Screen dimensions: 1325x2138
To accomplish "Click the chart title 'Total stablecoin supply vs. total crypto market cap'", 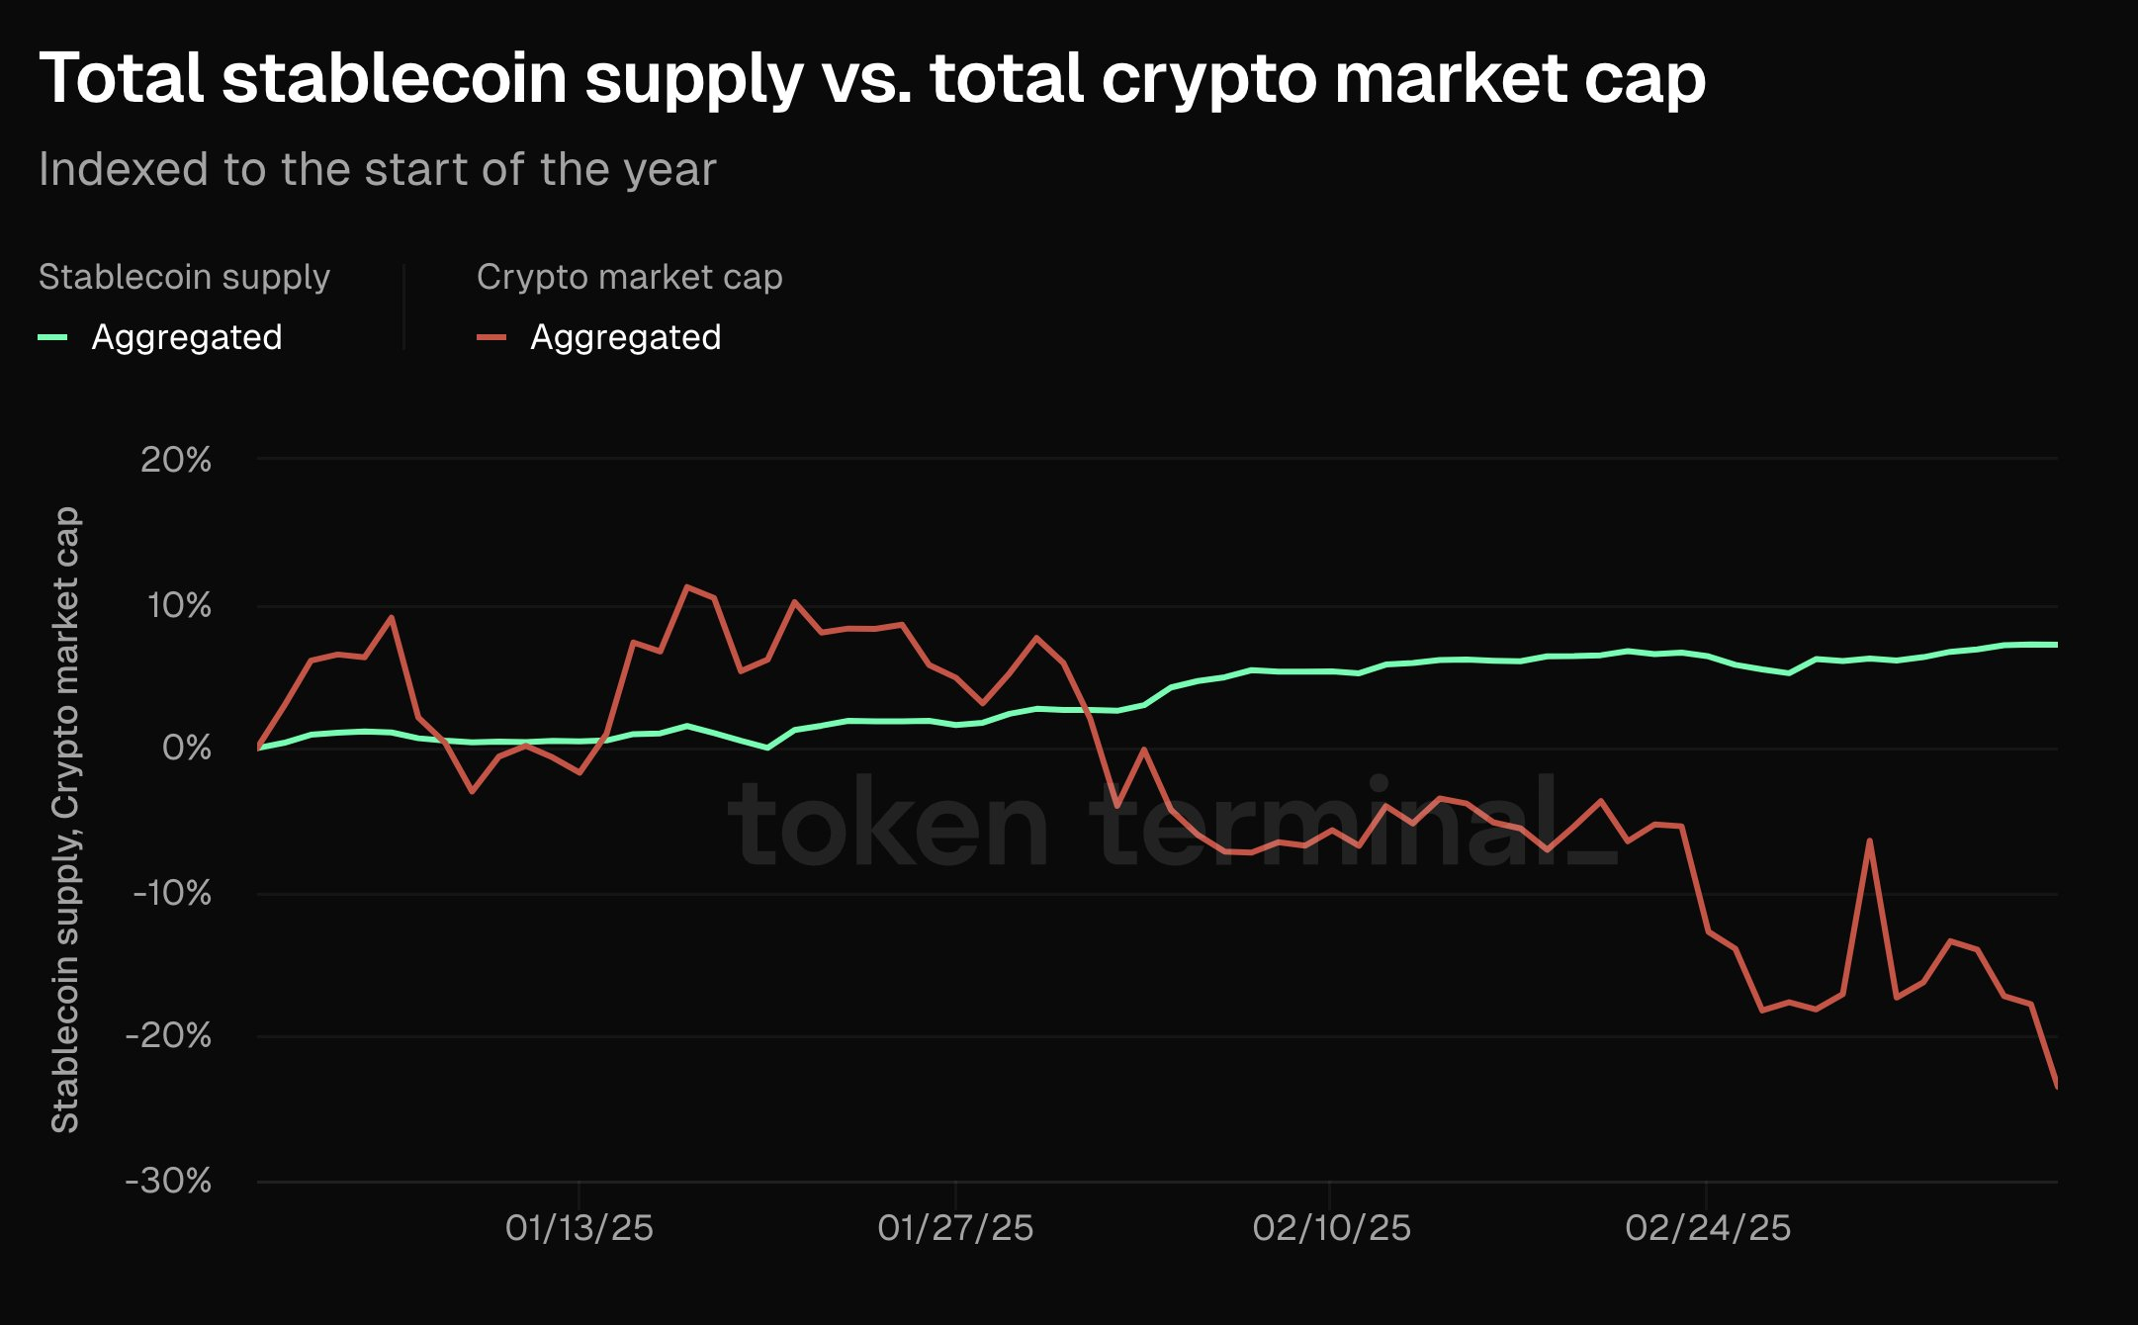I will click(872, 78).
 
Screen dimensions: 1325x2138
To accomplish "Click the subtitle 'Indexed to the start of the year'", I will click(377, 169).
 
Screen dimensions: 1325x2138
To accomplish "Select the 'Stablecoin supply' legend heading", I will click(184, 277).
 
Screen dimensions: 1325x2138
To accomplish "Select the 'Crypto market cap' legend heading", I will click(629, 277).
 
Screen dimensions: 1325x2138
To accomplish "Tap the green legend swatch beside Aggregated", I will click(52, 338).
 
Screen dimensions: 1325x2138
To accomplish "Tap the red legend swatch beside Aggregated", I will click(491, 338).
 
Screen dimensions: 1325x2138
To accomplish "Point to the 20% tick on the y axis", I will click(176, 460).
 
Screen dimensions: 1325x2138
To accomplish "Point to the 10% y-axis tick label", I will click(178, 605).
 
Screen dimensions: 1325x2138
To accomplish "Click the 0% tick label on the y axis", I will click(186, 748).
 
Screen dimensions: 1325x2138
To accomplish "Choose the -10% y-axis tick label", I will click(172, 893).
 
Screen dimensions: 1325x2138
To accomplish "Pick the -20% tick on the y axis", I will click(168, 1036).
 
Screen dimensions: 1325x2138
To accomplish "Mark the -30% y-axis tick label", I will click(168, 1181).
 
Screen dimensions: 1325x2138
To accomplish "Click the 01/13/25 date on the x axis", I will click(579, 1228).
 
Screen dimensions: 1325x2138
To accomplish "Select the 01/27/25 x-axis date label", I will click(955, 1228).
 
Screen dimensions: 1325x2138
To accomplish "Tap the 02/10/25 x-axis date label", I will click(1331, 1228).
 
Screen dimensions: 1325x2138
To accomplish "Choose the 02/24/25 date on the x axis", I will click(1708, 1228).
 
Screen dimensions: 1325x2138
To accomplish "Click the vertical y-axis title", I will click(65, 819).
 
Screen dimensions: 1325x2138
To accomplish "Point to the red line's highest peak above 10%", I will click(686, 586).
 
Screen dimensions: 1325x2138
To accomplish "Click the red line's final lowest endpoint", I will click(2057, 1087).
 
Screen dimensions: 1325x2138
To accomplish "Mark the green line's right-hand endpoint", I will click(2057, 645).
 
